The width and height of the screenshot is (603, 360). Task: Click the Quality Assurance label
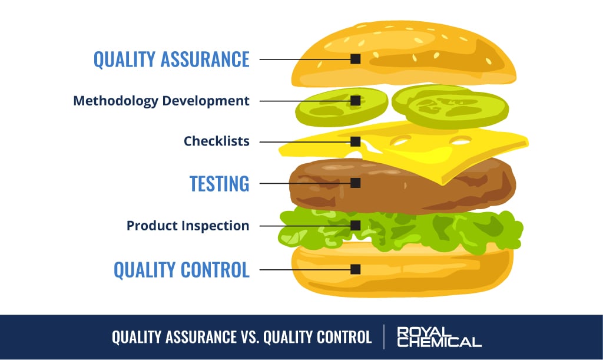point(171,60)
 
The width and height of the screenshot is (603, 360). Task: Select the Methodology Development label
point(161,101)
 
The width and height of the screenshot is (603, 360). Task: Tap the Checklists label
point(216,141)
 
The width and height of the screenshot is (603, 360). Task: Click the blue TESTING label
point(219,183)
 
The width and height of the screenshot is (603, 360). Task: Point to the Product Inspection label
point(187,226)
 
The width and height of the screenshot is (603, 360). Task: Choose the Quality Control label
point(181,269)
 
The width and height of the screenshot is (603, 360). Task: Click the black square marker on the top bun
point(355,59)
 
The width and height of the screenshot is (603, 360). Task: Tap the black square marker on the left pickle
point(355,101)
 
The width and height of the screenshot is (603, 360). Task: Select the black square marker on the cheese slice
point(355,141)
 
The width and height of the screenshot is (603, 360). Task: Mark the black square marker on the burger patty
point(355,183)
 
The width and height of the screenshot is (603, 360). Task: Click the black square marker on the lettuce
point(355,226)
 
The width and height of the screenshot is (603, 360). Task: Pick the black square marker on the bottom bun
point(355,269)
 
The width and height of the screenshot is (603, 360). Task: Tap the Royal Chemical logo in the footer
point(439,336)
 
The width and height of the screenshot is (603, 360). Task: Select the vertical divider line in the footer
point(385,336)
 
